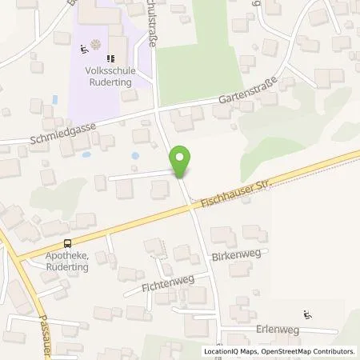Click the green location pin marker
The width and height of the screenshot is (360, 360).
coord(182,162)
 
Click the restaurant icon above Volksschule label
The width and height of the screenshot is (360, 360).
coord(111,57)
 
